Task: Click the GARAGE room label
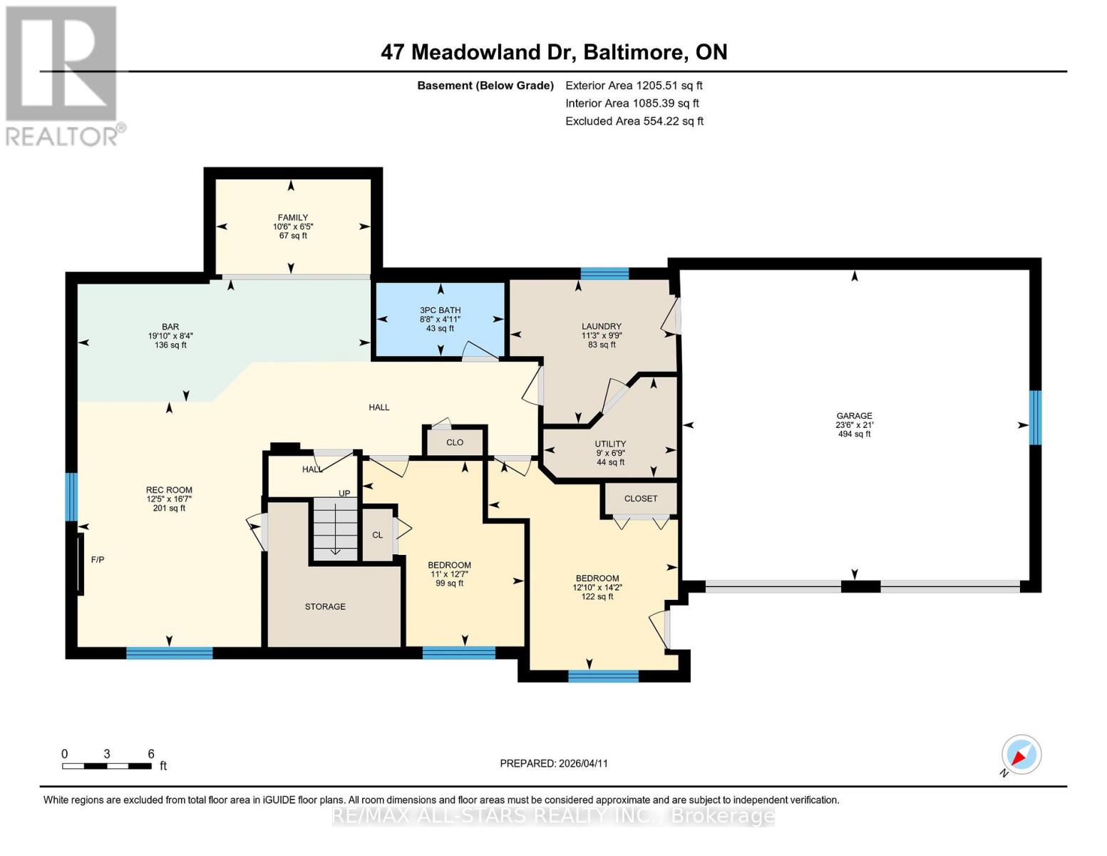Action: [854, 416]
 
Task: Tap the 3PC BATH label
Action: [440, 310]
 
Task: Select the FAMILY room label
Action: [293, 218]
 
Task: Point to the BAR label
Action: [170, 327]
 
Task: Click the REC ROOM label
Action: [169, 490]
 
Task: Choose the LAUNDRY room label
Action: [601, 327]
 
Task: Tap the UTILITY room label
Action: [610, 444]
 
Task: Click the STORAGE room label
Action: [325, 606]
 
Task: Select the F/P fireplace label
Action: [98, 560]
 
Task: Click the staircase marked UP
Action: [335, 528]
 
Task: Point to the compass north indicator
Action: [1021, 755]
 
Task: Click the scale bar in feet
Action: [107, 766]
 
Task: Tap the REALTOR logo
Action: [63, 76]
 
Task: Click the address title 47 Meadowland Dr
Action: [554, 52]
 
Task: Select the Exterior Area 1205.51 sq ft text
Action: [634, 86]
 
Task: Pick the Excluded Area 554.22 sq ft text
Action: [634, 121]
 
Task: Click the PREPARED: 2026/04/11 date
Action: [554, 763]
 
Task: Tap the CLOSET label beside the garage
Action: [640, 499]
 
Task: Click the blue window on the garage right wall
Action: [1035, 417]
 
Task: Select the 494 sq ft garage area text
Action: [854, 434]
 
